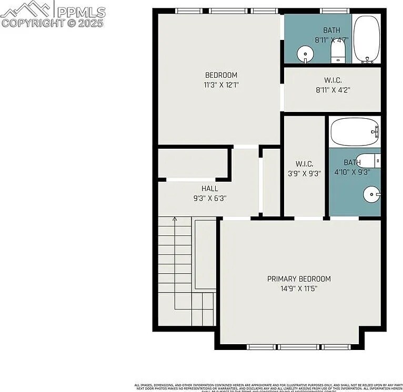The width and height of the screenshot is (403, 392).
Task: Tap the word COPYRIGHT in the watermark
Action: click(x=32, y=23)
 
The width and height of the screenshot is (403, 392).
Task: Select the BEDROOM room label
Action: click(x=221, y=75)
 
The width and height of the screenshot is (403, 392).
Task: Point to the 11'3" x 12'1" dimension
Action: click(x=221, y=85)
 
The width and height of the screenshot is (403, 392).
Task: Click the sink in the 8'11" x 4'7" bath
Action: click(x=306, y=54)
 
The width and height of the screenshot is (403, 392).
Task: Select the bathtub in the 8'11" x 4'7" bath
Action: click(x=366, y=39)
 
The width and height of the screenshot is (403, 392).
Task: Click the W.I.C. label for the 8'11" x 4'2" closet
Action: click(x=333, y=80)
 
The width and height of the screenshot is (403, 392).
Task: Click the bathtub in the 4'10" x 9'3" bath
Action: click(x=354, y=131)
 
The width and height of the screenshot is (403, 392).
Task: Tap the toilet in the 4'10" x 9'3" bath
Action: click(x=371, y=160)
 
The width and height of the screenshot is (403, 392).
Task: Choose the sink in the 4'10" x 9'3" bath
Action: click(x=371, y=195)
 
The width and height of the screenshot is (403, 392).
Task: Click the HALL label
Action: click(x=209, y=189)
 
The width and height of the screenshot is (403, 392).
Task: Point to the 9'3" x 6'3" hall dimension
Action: click(x=209, y=198)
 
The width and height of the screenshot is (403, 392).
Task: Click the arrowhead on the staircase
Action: click(x=175, y=220)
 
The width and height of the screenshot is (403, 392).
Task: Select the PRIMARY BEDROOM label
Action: click(x=299, y=279)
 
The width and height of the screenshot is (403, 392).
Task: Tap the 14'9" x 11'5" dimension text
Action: click(x=299, y=288)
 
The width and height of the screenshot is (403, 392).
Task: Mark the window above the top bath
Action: click(x=335, y=11)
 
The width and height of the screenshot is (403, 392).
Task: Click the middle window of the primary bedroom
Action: click(x=298, y=347)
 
